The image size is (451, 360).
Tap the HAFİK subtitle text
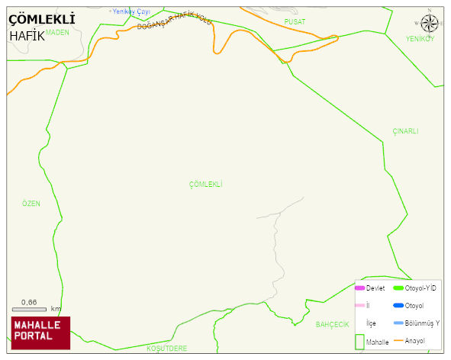(x=27, y=36)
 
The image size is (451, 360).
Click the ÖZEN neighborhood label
(x=31, y=204)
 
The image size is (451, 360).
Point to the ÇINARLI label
(x=405, y=131)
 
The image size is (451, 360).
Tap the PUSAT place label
(x=295, y=22)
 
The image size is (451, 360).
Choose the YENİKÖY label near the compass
(x=420, y=39)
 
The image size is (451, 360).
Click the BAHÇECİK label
(x=332, y=324)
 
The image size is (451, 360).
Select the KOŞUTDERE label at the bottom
(x=166, y=348)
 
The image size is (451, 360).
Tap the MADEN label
(x=57, y=33)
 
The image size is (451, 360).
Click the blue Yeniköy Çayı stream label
(x=130, y=11)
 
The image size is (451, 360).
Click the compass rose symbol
(x=430, y=23)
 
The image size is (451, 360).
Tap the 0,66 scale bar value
(x=29, y=303)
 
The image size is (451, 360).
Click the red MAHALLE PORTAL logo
(x=40, y=332)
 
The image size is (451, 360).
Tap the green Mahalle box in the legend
(x=359, y=342)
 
